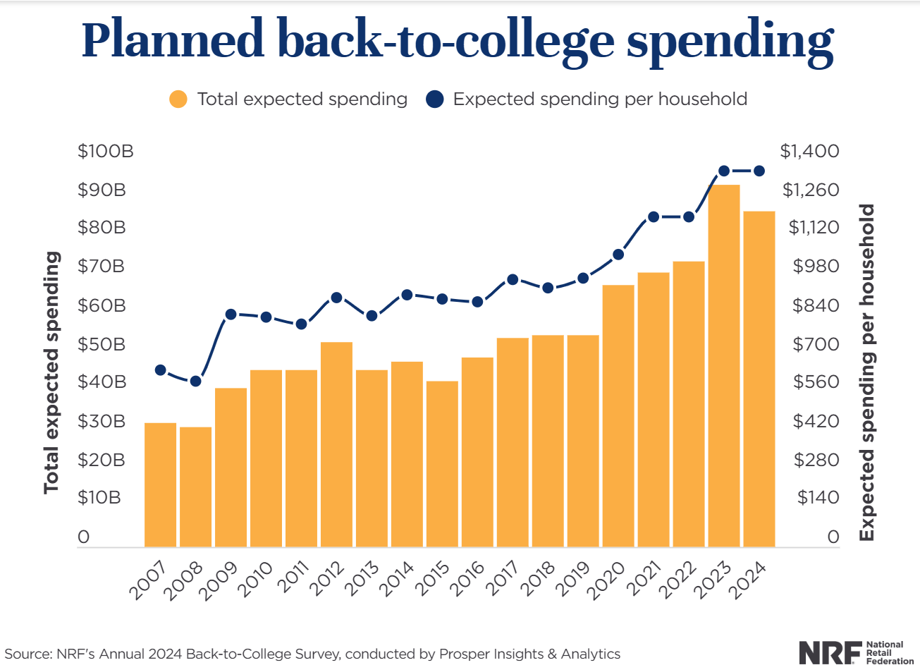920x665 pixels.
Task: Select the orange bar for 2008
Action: tap(195, 487)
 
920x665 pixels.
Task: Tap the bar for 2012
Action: tap(336, 444)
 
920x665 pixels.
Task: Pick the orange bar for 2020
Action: tap(618, 415)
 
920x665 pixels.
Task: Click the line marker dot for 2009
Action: tap(231, 315)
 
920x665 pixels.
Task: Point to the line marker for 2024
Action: tap(759, 171)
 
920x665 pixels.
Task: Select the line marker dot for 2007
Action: tap(160, 370)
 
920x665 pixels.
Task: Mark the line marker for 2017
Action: tap(513, 279)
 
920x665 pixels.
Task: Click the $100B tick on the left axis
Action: tap(105, 151)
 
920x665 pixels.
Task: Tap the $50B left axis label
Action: tap(102, 344)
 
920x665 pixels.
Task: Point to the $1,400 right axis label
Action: tap(809, 151)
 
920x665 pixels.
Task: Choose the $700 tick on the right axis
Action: tap(816, 344)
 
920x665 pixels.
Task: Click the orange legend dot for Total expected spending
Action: tap(178, 99)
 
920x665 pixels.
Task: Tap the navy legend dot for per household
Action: tap(434, 99)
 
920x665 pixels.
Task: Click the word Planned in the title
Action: tap(173, 41)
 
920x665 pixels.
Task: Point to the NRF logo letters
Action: tap(830, 652)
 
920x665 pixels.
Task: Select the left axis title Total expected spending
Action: tap(51, 372)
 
